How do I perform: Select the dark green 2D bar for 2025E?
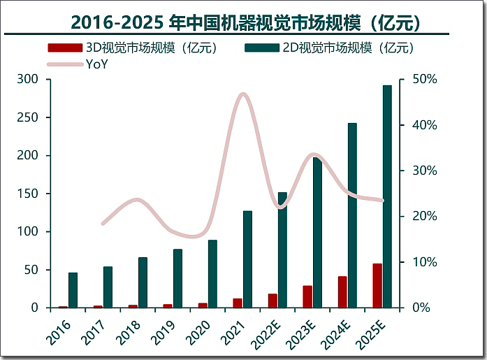tap(387, 196)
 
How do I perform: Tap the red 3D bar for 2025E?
tap(377, 286)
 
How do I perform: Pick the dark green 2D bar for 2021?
tap(247, 259)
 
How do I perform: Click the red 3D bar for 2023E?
tap(307, 296)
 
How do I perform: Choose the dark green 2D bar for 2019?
tap(177, 278)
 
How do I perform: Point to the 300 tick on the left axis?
tap(29, 79)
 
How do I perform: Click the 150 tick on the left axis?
tap(29, 194)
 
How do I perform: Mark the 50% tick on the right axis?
tap(423, 79)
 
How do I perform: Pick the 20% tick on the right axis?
tap(423, 216)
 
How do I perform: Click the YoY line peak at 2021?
tap(242, 94)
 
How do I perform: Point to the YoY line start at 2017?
tap(103, 224)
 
